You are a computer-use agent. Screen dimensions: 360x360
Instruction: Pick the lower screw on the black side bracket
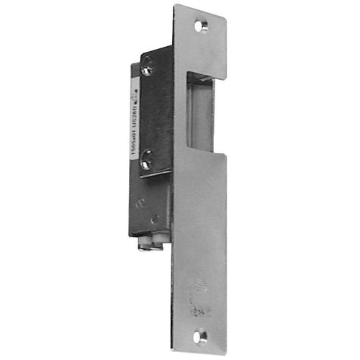click(146, 163)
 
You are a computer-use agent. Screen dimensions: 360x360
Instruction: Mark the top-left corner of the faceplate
click(174, 6)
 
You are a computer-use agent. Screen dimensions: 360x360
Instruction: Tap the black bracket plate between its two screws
click(154, 115)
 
